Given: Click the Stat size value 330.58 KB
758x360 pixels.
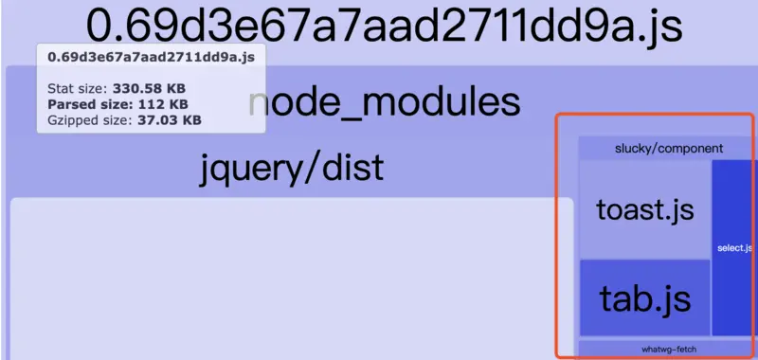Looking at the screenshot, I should click(x=156, y=87).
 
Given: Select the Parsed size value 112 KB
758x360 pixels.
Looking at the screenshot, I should click(x=165, y=103).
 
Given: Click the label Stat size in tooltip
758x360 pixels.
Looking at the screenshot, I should click(x=77, y=87).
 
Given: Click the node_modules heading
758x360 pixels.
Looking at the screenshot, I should click(x=384, y=102).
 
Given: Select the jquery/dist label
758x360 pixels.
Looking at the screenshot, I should click(x=292, y=168).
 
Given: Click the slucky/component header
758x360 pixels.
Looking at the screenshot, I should click(x=669, y=148).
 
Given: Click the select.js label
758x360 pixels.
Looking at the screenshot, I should click(x=734, y=248).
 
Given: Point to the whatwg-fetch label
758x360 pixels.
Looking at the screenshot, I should click(x=668, y=349).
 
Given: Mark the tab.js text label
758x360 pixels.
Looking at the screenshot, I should click(x=644, y=298).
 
